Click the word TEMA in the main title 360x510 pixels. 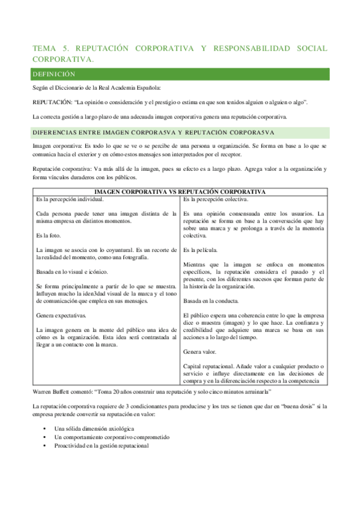[43, 48]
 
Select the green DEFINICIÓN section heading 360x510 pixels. [53, 75]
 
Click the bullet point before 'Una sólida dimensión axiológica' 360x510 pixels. [46, 428]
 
